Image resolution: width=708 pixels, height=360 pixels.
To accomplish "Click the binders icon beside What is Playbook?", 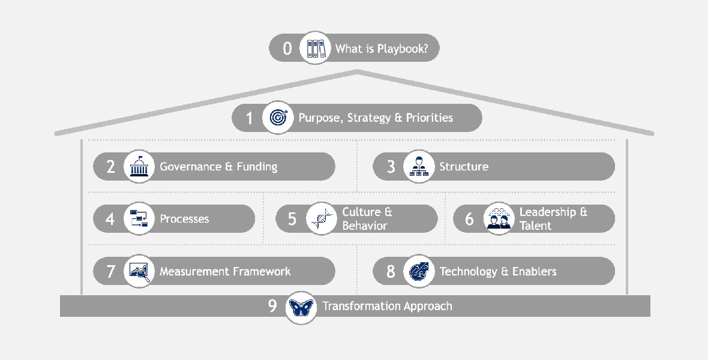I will (315, 47).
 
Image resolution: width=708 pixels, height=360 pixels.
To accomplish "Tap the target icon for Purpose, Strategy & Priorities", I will (278, 117).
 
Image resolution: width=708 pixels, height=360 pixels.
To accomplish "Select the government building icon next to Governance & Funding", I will (139, 166).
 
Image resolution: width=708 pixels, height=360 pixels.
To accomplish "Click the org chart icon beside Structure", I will (418, 166).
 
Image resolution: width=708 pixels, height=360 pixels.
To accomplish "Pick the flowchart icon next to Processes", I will (139, 218).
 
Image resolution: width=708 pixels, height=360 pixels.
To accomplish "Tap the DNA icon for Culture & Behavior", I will (321, 218).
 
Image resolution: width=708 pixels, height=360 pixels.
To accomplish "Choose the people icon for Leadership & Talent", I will (499, 218).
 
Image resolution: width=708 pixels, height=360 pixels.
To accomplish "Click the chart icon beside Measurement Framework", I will (139, 271).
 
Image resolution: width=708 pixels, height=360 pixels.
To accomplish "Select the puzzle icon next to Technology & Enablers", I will (418, 271).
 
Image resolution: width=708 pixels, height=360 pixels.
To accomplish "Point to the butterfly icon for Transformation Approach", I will (301, 307).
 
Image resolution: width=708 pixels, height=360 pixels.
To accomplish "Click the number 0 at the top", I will (287, 48).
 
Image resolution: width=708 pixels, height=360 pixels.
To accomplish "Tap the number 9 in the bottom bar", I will (272, 306).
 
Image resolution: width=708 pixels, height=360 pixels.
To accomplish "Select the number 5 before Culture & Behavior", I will (292, 219).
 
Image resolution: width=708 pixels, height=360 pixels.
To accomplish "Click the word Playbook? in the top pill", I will (403, 49).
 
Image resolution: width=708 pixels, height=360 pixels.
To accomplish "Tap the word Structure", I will (464, 167).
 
